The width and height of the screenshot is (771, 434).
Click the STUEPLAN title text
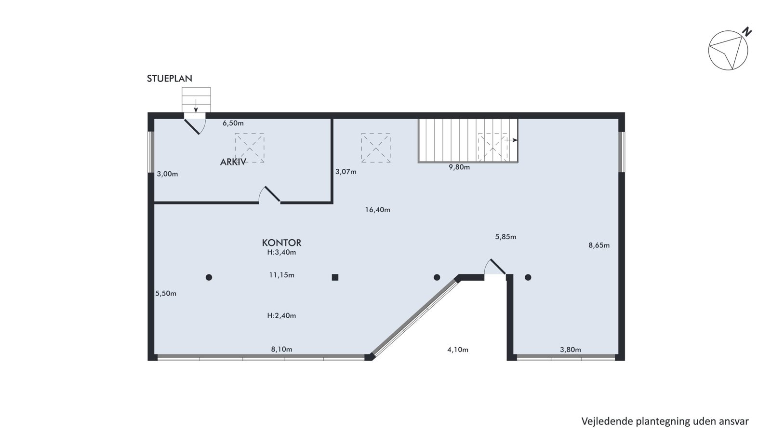[x=169, y=79]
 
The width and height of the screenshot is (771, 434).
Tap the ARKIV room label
[x=233, y=162]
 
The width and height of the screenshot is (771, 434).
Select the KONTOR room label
[x=281, y=243]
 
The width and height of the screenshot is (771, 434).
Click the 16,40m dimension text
[x=378, y=210]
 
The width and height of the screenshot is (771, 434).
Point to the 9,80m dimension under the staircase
[x=459, y=167]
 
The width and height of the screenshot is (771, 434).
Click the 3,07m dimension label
[x=346, y=172]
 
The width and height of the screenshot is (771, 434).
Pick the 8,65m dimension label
[x=599, y=245]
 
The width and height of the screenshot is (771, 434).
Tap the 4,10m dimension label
[x=458, y=350]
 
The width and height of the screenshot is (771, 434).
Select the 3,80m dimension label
[x=571, y=350]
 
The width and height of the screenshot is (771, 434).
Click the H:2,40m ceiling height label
[x=281, y=316]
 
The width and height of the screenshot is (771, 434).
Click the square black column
[x=335, y=277]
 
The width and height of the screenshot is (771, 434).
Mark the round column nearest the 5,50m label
[x=209, y=277]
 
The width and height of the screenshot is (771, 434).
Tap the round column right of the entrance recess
[x=528, y=277]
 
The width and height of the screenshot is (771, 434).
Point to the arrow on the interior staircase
[x=511, y=140]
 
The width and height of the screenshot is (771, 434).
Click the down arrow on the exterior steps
[x=196, y=106]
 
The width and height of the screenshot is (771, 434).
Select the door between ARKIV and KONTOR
[x=269, y=195]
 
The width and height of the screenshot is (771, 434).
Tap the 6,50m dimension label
[x=233, y=123]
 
